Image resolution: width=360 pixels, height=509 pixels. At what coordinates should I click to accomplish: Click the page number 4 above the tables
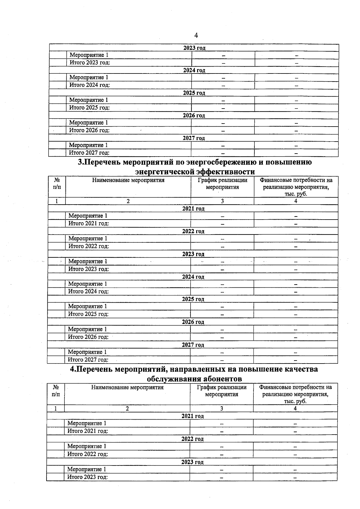click(196, 36)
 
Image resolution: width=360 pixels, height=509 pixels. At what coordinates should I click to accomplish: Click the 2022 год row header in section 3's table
click(193, 231)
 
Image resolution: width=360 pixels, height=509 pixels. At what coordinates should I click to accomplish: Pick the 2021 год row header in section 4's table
click(193, 416)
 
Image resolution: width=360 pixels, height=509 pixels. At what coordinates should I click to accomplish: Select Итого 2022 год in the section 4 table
click(88, 454)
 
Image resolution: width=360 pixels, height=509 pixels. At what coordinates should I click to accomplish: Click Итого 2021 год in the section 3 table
click(88, 223)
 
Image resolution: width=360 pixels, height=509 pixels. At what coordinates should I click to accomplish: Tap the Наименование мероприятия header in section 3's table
click(128, 180)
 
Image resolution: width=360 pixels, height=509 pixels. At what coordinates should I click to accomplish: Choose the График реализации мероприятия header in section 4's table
click(222, 391)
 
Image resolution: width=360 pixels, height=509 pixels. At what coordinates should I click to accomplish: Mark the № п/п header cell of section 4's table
click(56, 391)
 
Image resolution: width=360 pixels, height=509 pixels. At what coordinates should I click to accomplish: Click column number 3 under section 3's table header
click(222, 201)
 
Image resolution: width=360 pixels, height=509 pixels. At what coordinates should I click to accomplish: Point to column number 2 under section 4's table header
click(127, 409)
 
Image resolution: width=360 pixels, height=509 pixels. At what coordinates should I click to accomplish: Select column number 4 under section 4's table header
click(295, 409)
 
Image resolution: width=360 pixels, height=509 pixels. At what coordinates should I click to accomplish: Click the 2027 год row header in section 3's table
click(193, 345)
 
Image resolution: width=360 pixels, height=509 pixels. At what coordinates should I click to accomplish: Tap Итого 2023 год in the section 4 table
click(87, 477)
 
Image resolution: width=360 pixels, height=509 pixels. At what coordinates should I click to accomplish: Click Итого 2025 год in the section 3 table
click(88, 314)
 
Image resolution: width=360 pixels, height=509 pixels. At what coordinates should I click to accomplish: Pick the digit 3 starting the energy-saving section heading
click(80, 162)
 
